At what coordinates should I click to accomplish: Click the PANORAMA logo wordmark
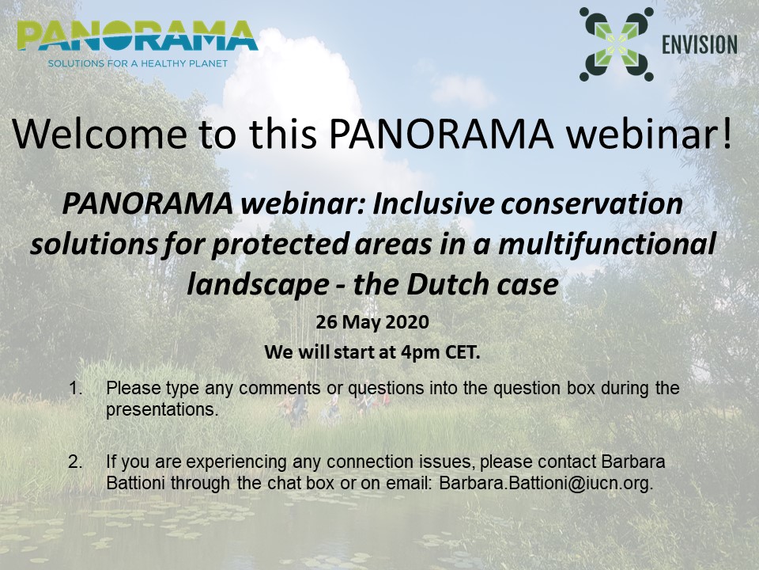(x=137, y=36)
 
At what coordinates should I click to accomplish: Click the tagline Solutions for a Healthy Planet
(x=138, y=63)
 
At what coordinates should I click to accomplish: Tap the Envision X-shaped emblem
(x=616, y=44)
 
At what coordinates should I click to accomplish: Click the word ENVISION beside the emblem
(x=700, y=44)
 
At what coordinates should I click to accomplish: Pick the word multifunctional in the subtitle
(x=607, y=243)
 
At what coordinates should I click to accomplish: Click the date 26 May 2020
(x=372, y=322)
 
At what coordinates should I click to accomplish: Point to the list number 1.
(x=76, y=388)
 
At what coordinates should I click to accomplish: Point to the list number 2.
(x=76, y=462)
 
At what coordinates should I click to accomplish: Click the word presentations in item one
(x=162, y=410)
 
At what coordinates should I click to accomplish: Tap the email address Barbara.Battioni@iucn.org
(x=546, y=483)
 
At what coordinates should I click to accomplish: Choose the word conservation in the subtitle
(x=592, y=203)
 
